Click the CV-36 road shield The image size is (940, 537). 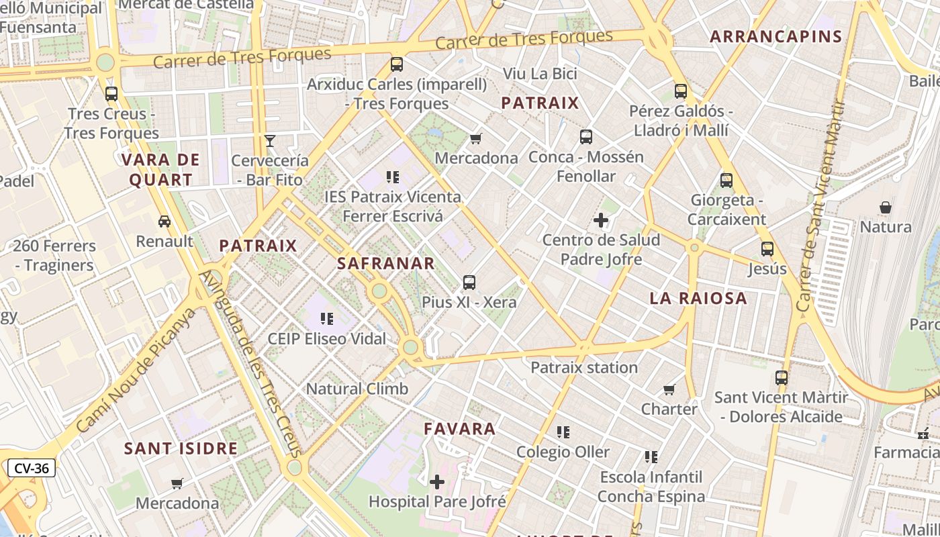click(32, 468)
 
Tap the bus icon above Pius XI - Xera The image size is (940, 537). click(469, 283)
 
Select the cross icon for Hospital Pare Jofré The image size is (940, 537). click(437, 481)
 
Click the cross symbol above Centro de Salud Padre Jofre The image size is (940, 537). click(601, 220)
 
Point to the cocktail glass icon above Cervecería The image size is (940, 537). click(270, 141)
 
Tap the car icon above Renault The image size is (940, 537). click(164, 222)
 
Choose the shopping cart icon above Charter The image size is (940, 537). click(669, 389)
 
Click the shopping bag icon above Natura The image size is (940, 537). click(886, 207)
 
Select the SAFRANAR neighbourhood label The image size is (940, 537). click(386, 263)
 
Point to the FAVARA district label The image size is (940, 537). click(460, 428)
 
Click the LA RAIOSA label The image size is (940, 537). click(698, 299)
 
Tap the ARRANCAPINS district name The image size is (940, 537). click(776, 37)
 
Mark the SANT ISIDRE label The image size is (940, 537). click(181, 448)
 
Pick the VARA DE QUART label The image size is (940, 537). click(160, 170)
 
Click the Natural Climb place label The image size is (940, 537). click(357, 389)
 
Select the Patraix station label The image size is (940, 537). click(584, 367)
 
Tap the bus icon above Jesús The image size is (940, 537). click(767, 249)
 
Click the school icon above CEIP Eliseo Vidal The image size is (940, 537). click(327, 319)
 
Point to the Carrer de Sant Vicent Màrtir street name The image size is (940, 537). click(819, 207)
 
